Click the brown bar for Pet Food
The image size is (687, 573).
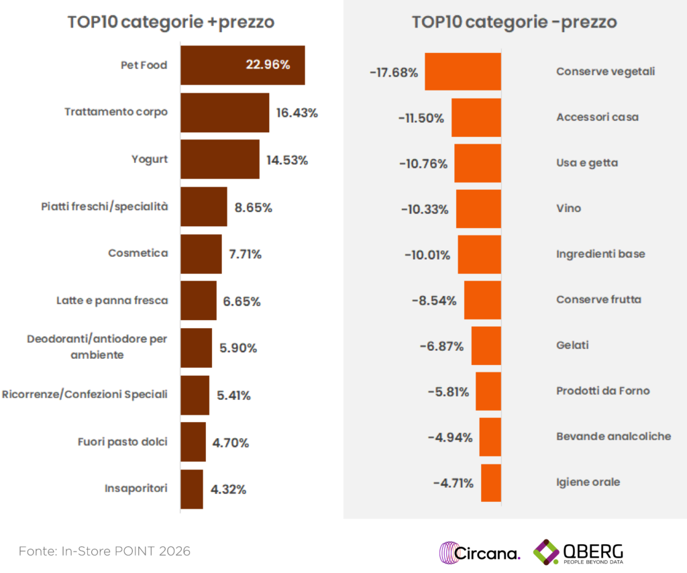coord(221,65)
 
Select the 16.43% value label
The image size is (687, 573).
coord(297,113)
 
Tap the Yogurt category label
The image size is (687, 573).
coord(150,159)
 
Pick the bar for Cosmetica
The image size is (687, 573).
coord(201,254)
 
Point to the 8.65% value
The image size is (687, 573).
coord(253,208)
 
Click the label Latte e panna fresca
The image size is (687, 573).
coord(111,301)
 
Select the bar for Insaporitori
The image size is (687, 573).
coord(191,489)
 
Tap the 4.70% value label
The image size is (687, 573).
coord(230,443)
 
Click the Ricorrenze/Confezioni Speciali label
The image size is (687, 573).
coord(85,394)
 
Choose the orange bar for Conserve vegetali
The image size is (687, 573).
coord(463,71)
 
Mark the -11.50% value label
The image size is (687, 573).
coord(421,118)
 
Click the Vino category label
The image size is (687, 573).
coord(568,209)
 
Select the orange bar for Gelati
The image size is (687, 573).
coord(486,346)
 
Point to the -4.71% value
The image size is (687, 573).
coord(453,483)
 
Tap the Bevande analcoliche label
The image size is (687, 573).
coord(613,436)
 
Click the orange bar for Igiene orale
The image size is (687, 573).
coord(490,482)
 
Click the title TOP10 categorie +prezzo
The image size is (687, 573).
coord(170,21)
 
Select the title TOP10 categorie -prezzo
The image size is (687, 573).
coord(514,21)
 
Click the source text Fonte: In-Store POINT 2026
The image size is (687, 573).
coord(105,552)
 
